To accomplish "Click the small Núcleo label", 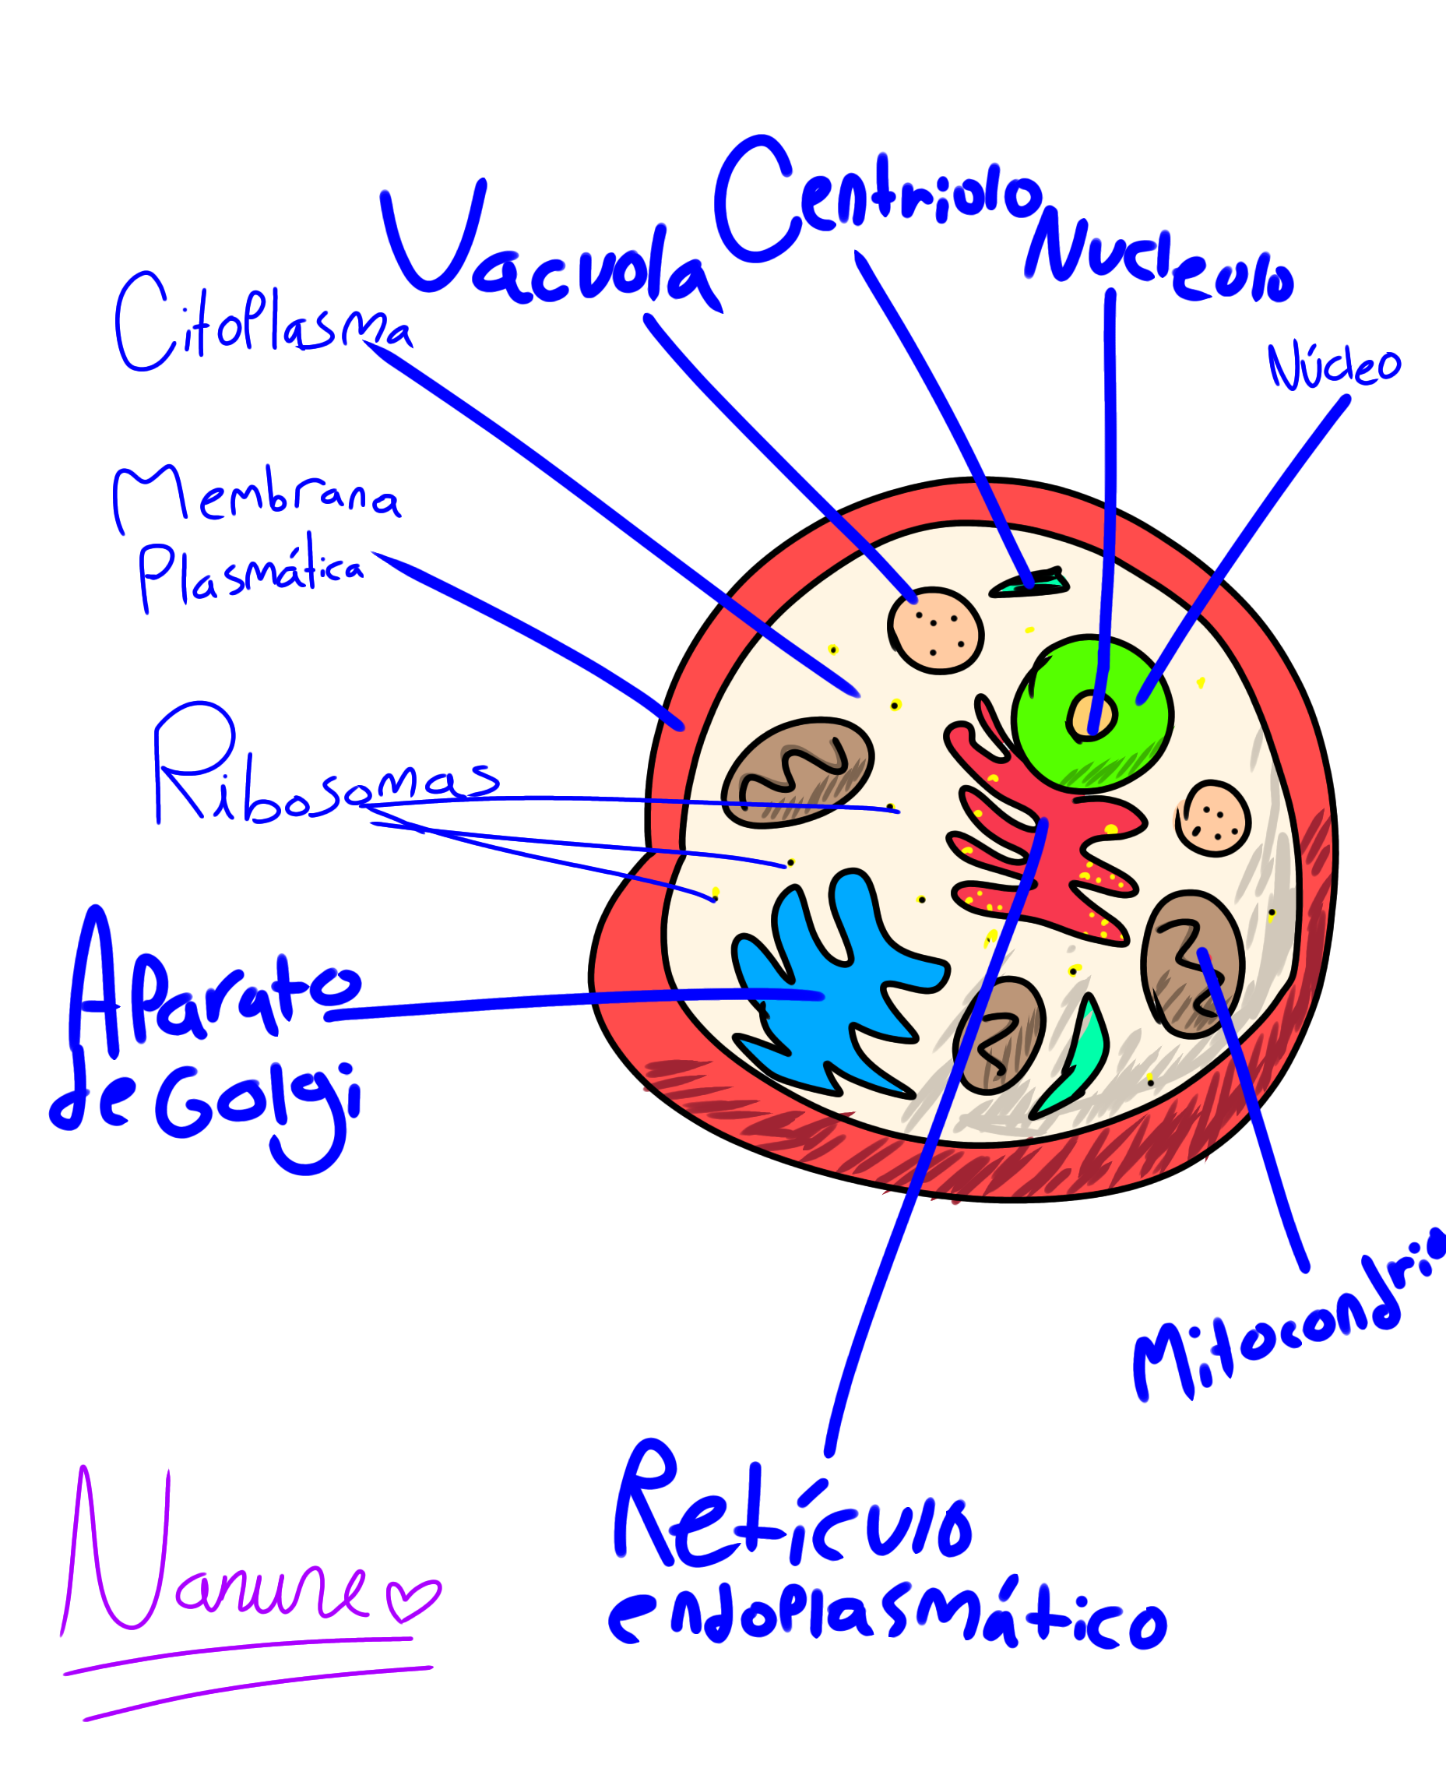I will tap(1333, 367).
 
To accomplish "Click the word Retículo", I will tap(791, 1512).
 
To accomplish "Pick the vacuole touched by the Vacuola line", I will tap(936, 631).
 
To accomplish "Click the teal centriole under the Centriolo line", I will tap(1029, 583).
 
